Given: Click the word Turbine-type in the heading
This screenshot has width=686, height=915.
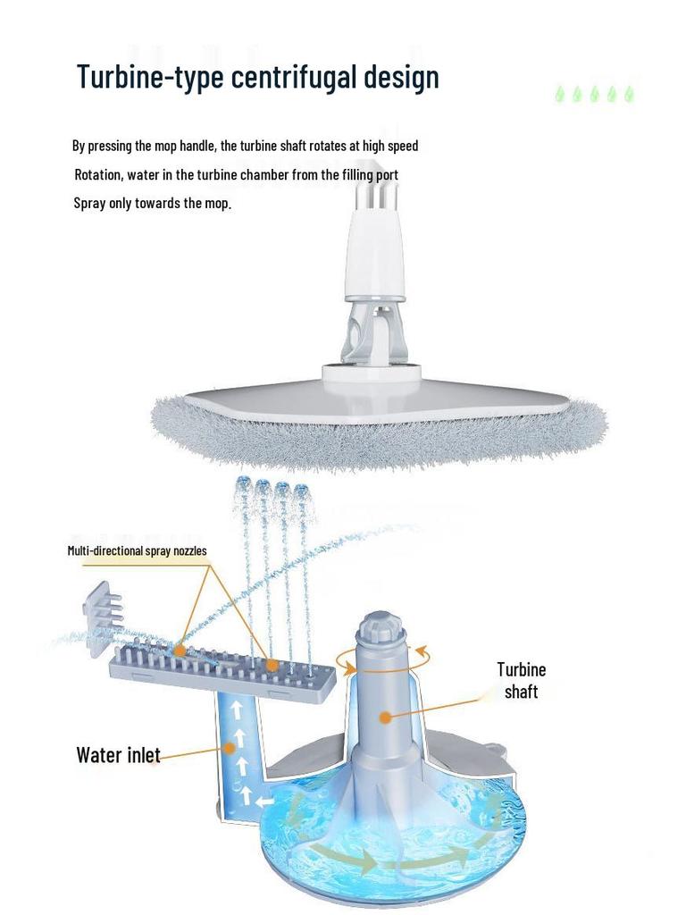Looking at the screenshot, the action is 150,77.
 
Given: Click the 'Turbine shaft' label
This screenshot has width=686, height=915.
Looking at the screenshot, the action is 521,680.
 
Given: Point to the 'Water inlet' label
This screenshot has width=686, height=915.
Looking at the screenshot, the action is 118,754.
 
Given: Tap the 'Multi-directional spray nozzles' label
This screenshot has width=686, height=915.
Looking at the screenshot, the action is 137,550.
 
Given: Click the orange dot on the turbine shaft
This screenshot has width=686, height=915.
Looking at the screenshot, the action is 384,718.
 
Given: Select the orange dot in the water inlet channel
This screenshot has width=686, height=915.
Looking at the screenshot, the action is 230,748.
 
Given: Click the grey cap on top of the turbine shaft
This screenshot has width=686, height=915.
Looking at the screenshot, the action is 381,626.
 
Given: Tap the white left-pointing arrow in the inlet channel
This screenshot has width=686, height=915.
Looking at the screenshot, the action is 264,802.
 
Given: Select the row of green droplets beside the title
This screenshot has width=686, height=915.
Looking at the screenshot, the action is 594,94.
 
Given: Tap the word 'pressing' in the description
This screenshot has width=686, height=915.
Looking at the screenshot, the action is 110,146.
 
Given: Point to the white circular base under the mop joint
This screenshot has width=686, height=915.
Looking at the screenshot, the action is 372,374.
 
